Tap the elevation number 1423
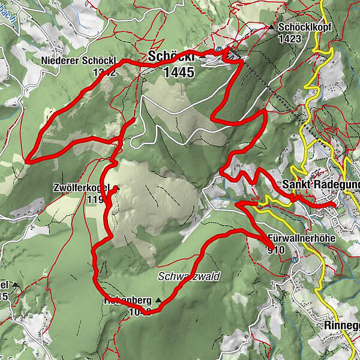[x=298, y=39]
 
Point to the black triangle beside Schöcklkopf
[x=271, y=28]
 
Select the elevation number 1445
[x=178, y=73]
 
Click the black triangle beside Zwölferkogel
[x=118, y=188]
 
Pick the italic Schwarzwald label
[x=189, y=277]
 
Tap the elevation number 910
[x=277, y=249]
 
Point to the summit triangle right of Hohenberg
[x=158, y=299]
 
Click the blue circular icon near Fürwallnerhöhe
[x=295, y=260]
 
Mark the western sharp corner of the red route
[x=27, y=161]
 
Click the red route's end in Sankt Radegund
[x=334, y=205]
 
